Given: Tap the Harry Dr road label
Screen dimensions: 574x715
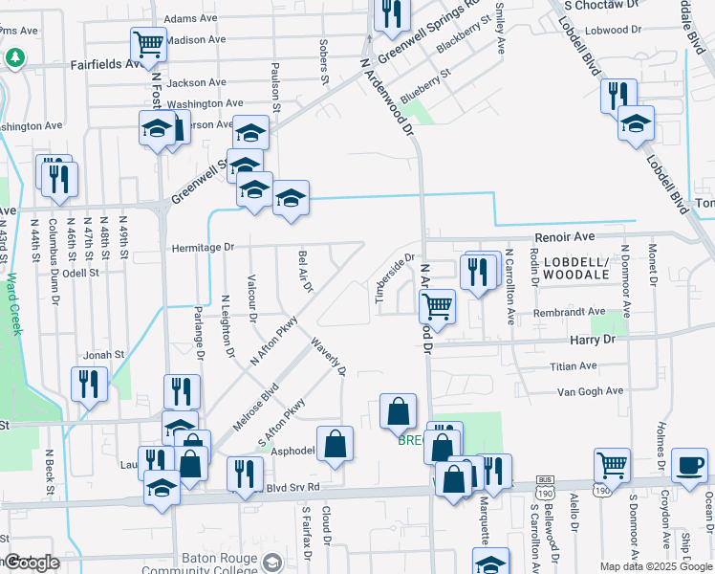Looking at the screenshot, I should point(593,340).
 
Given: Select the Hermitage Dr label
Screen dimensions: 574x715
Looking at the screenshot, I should point(203,247).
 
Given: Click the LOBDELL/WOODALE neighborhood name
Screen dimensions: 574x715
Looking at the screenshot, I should point(576,268).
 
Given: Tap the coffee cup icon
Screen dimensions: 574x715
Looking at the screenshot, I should point(690,467).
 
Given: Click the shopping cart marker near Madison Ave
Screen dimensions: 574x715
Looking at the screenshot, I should point(148,43).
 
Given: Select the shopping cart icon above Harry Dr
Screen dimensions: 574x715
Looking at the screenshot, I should point(437,306).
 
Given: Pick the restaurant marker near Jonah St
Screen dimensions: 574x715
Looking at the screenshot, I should point(90,384).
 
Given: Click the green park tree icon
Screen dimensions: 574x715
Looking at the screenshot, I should point(15,57).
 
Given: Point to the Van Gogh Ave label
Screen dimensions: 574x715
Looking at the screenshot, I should point(590,391).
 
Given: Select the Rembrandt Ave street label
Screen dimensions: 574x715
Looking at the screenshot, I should point(571,312).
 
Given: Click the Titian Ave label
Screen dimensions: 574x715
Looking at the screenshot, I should point(573,366).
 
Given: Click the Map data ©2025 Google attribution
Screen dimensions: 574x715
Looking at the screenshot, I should point(656,566).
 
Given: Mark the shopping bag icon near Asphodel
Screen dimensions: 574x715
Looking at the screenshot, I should point(336,444).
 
